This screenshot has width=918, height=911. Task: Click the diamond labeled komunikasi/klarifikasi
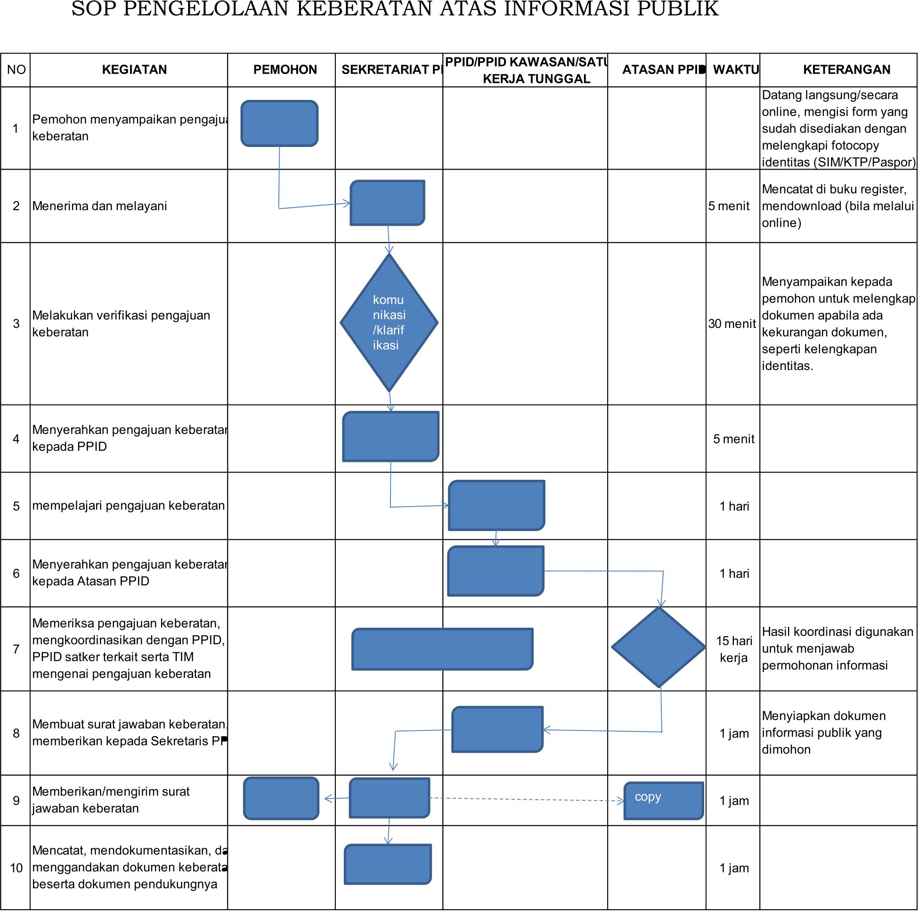(389, 322)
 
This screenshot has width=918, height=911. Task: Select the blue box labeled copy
(663, 801)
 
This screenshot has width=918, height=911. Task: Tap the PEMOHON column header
(284, 69)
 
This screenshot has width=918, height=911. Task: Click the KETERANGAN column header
(846, 69)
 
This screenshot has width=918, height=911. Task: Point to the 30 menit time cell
(732, 324)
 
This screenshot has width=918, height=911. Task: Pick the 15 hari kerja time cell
(734, 649)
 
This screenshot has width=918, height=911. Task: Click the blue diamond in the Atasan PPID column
(658, 647)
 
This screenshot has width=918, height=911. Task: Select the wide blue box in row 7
(442, 649)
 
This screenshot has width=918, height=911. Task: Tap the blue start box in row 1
(279, 123)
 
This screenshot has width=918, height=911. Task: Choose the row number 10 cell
(16, 868)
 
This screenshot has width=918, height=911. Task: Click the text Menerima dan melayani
(99, 206)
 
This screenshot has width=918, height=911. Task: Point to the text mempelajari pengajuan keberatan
(128, 505)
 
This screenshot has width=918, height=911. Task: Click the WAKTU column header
(735, 69)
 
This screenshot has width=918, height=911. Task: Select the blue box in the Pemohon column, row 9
(281, 798)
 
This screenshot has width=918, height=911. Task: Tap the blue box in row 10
(388, 864)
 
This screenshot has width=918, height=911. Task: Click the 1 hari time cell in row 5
(734, 506)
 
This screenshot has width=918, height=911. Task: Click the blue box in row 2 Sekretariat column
(387, 203)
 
